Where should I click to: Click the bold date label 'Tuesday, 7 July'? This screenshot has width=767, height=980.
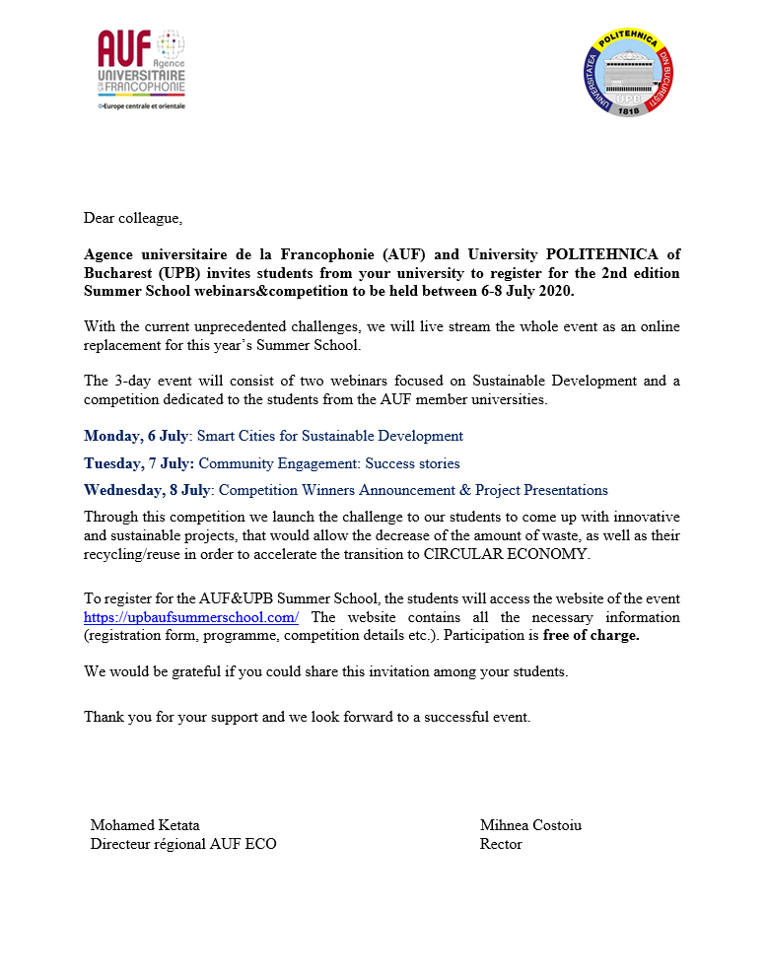click(138, 463)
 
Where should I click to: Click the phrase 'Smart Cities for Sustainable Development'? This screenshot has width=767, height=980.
click(330, 436)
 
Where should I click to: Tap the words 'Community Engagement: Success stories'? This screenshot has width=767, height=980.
click(329, 463)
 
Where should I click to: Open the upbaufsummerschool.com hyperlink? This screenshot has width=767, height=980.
click(191, 617)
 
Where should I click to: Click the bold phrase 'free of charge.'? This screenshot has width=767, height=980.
click(591, 636)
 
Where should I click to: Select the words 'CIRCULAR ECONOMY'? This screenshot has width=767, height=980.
click(506, 554)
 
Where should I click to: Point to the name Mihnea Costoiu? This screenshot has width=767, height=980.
click(530, 825)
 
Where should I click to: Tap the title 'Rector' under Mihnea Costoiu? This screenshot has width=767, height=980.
click(501, 844)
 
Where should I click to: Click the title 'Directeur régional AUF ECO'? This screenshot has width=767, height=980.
click(183, 844)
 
